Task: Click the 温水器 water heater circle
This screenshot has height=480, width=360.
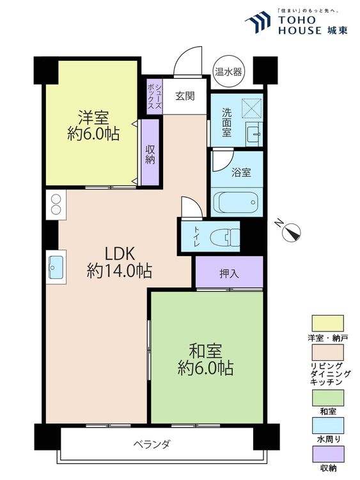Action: (x=228, y=72)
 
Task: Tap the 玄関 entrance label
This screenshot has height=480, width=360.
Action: (x=185, y=96)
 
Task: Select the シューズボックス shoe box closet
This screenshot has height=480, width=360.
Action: (x=154, y=96)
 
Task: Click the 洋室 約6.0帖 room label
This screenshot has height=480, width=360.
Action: (x=93, y=126)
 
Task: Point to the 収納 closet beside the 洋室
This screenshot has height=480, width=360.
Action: (x=150, y=154)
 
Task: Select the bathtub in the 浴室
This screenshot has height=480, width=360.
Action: (x=236, y=203)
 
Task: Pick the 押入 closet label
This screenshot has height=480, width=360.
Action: (x=229, y=273)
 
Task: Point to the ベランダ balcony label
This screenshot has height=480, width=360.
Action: (x=152, y=444)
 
